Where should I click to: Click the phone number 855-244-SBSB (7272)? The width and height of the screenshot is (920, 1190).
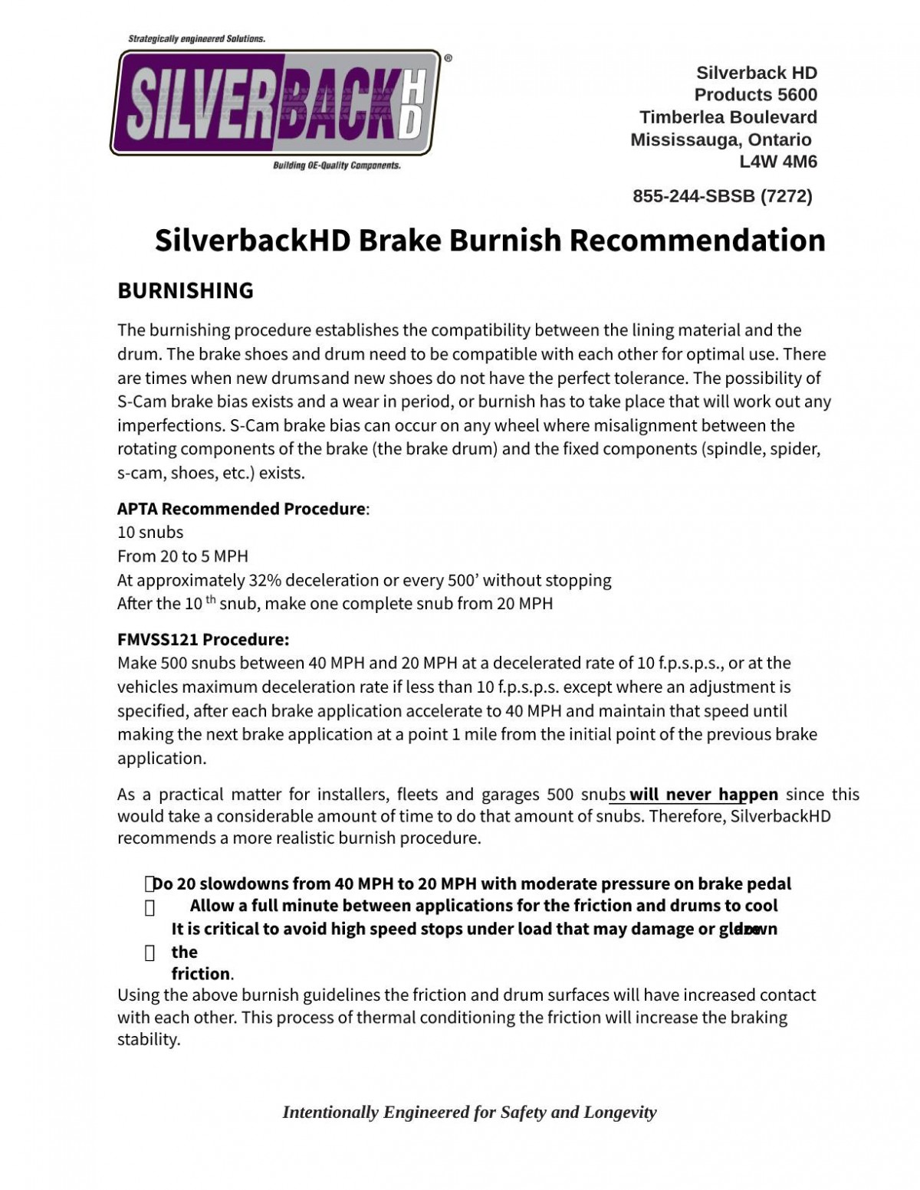pyautogui.click(x=722, y=196)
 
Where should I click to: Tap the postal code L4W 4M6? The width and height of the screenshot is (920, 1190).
pyautogui.click(x=777, y=162)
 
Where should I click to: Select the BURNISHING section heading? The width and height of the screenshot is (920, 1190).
pyautogui.click(x=185, y=290)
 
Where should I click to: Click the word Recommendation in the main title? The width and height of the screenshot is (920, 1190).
pyautogui.click(x=697, y=240)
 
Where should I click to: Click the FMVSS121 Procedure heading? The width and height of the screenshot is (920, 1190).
pyautogui.click(x=203, y=639)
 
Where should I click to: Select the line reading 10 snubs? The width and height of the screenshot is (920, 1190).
pyautogui.click(x=150, y=532)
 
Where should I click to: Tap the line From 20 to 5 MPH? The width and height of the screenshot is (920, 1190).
pyautogui.click(x=182, y=556)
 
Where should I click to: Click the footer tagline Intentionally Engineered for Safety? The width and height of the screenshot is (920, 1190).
pyautogui.click(x=469, y=1112)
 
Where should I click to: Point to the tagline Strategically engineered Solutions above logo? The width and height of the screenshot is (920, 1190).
pyautogui.click(x=196, y=38)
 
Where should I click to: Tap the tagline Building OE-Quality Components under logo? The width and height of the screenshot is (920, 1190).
pyautogui.click(x=337, y=166)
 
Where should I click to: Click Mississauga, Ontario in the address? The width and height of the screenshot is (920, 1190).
pyautogui.click(x=721, y=139)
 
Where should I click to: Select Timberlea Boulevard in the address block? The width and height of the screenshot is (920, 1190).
pyautogui.click(x=728, y=117)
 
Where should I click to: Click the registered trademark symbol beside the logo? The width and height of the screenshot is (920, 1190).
pyautogui.click(x=448, y=57)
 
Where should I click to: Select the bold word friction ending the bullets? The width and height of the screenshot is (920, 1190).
pyautogui.click(x=201, y=974)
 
